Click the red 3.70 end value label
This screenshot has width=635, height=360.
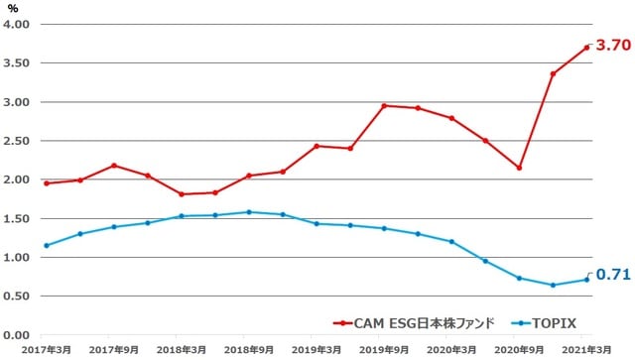(612, 46)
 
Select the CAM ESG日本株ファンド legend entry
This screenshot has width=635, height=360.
(414, 322)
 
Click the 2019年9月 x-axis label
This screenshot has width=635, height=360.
(385, 350)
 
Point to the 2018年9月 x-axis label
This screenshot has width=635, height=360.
(248, 350)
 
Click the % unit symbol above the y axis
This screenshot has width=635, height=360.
(14, 7)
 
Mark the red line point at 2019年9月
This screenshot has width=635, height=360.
(384, 105)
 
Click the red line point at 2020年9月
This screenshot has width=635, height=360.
(519, 168)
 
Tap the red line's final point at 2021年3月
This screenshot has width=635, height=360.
(586, 47)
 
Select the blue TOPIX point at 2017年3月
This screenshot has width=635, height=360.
(47, 245)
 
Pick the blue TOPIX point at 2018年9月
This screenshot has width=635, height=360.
(249, 212)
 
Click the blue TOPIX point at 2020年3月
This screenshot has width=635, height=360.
(451, 242)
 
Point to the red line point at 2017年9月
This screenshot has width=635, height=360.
(114, 165)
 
